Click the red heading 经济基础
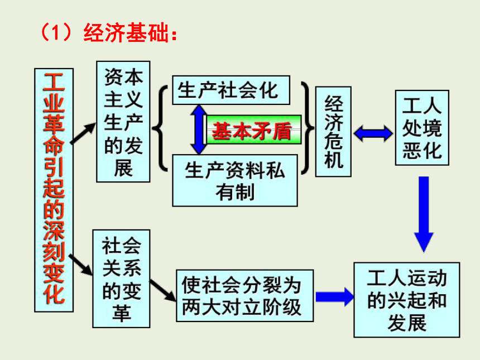tap(126, 32)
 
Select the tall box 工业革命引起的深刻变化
tap(54, 190)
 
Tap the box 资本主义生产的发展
tap(123, 122)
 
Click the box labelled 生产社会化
tap(231, 90)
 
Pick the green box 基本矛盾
tap(254, 130)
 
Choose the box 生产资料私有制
tap(235, 180)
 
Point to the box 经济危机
tap(333, 132)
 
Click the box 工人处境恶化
tap(422, 128)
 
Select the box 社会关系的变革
tap(121, 279)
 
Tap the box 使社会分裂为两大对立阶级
tap(244, 295)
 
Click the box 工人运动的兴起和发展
tap(407, 300)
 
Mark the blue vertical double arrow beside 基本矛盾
tap(199, 129)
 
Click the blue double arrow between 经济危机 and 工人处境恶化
tap(373, 133)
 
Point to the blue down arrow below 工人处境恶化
tap(424, 214)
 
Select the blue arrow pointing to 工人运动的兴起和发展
tap(334, 296)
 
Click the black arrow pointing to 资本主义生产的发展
tap(83, 133)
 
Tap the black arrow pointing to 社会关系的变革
tap(80, 265)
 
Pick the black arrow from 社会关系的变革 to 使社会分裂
tap(162, 290)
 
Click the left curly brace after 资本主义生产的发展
tap(160, 128)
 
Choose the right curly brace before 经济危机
tap(307, 128)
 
